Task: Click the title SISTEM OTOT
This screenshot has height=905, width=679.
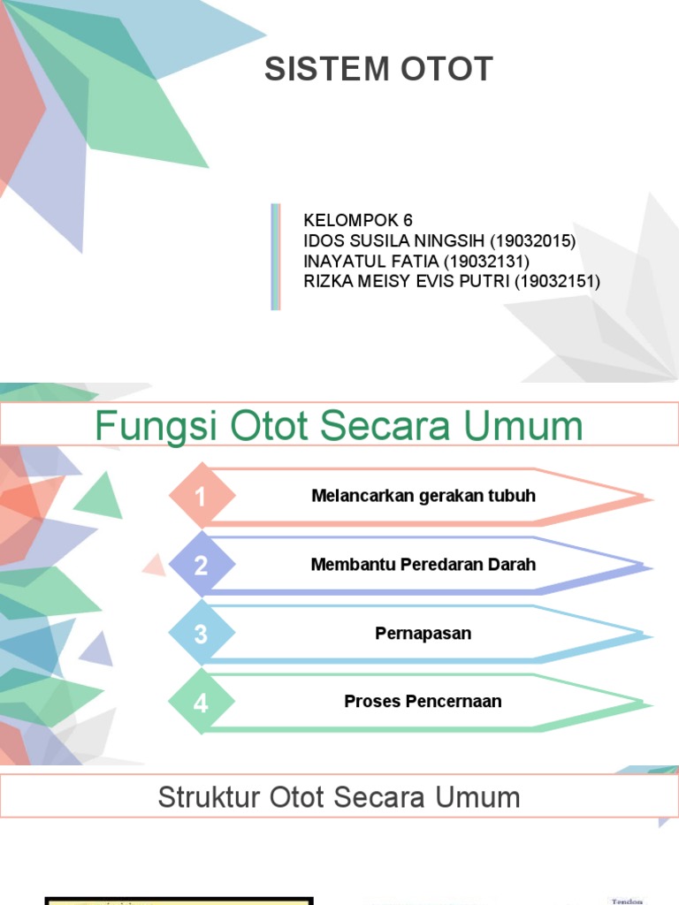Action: click(378, 70)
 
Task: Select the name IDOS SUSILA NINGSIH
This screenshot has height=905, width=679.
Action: click(381, 240)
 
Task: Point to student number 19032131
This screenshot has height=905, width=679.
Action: click(486, 261)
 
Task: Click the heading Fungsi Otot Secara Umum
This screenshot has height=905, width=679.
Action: click(339, 426)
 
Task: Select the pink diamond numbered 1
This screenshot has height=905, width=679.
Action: click(202, 497)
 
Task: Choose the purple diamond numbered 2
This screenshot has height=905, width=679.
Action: click(202, 565)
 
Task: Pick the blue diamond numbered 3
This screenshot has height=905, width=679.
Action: click(202, 634)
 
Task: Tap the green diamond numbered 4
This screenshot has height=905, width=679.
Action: click(202, 703)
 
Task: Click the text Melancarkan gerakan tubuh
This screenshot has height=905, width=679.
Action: click(423, 496)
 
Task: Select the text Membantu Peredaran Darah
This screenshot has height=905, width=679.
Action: click(423, 564)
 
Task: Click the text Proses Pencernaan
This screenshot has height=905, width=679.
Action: click(423, 702)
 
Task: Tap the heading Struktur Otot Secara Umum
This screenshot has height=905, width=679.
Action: click(339, 797)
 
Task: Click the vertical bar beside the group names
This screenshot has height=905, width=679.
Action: click(276, 256)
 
